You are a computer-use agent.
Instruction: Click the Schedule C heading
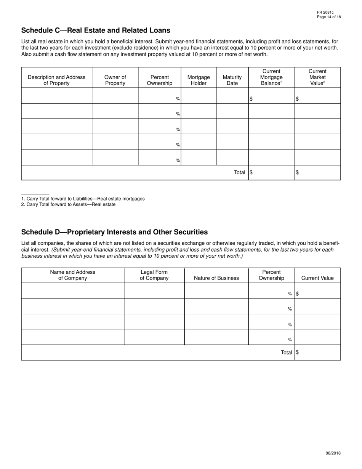click(x=96, y=31)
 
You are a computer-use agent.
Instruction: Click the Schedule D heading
click(x=114, y=232)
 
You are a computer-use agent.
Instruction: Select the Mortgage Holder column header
click(x=199, y=80)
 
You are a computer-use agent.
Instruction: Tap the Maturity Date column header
click(x=232, y=80)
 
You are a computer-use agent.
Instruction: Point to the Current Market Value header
click(x=317, y=77)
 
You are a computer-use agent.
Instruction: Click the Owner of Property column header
click(x=115, y=80)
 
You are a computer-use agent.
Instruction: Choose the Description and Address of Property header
click(x=56, y=80)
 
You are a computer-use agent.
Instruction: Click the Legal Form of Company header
click(x=154, y=275)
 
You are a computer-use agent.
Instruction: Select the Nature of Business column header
click(x=216, y=278)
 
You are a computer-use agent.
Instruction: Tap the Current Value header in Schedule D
click(x=317, y=278)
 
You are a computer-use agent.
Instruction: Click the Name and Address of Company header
click(x=72, y=275)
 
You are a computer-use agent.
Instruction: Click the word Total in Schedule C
click(x=239, y=172)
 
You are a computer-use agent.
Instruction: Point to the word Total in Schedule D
click(x=286, y=352)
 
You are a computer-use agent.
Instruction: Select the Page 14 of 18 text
click(x=329, y=17)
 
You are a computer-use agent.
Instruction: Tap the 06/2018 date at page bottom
click(x=333, y=453)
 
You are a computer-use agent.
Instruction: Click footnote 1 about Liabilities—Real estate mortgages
click(x=83, y=199)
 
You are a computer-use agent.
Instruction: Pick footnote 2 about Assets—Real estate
click(x=69, y=204)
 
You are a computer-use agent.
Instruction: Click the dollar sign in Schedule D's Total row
click(x=297, y=352)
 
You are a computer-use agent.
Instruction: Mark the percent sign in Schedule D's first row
click(x=290, y=294)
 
